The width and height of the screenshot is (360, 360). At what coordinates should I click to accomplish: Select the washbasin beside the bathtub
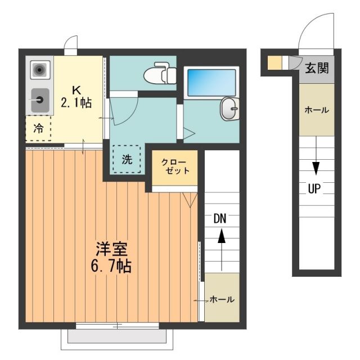click(229, 108)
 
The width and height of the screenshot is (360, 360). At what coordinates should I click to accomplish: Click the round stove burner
click(39, 70)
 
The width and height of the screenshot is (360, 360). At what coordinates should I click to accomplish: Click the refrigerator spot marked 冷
click(38, 128)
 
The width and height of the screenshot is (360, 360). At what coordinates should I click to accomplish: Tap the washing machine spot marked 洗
click(127, 159)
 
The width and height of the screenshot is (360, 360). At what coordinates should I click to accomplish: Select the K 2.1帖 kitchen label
click(76, 97)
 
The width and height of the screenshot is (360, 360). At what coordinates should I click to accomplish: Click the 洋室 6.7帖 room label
click(111, 256)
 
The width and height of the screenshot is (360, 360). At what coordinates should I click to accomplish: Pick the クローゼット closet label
click(175, 166)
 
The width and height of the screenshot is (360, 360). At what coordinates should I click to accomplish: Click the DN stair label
click(220, 219)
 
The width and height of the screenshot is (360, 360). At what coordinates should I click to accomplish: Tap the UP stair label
click(314, 189)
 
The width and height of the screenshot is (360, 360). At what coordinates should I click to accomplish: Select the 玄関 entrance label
click(316, 70)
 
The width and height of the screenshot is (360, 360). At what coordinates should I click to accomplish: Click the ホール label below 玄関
click(316, 110)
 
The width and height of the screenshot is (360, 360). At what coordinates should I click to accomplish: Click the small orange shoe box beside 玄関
click(274, 62)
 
